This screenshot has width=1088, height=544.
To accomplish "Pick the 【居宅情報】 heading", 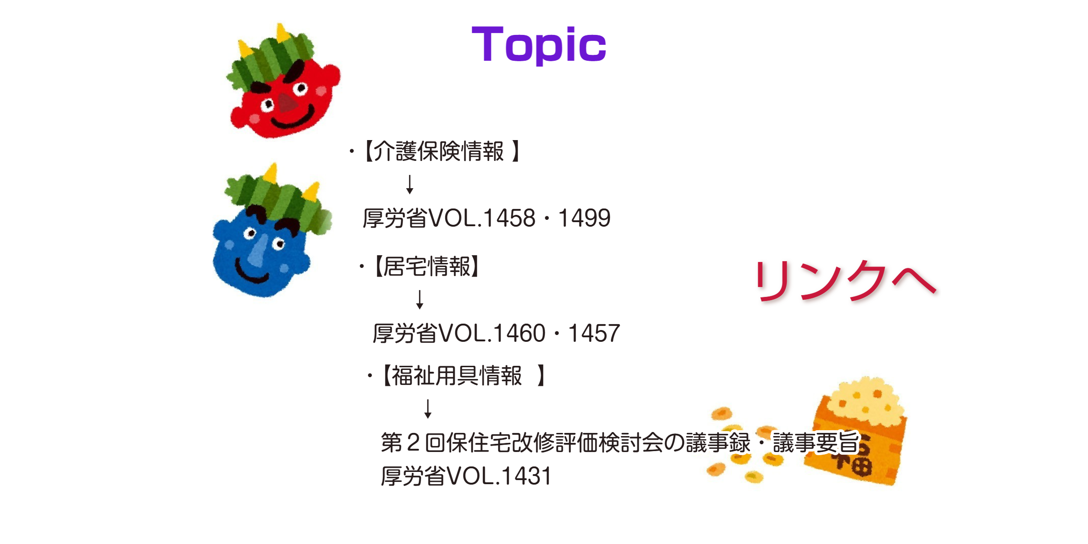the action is (426, 266).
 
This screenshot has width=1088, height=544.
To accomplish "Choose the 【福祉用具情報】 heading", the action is (462, 376).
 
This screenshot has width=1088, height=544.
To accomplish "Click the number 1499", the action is (584, 218).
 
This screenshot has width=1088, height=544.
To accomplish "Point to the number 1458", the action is (509, 218).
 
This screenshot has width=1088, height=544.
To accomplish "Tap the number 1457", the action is (594, 333).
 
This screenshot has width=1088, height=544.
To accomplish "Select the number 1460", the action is (519, 333).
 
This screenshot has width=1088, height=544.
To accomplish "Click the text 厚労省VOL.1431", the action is (466, 476).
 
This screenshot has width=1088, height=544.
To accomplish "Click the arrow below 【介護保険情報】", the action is (410, 185).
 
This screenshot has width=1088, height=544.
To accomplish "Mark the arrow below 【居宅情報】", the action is (420, 300).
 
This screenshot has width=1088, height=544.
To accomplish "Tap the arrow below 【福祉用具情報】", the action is (428, 408).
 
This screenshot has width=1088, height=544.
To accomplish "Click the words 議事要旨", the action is (816, 442).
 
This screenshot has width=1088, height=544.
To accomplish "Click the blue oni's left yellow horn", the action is (271, 174).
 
